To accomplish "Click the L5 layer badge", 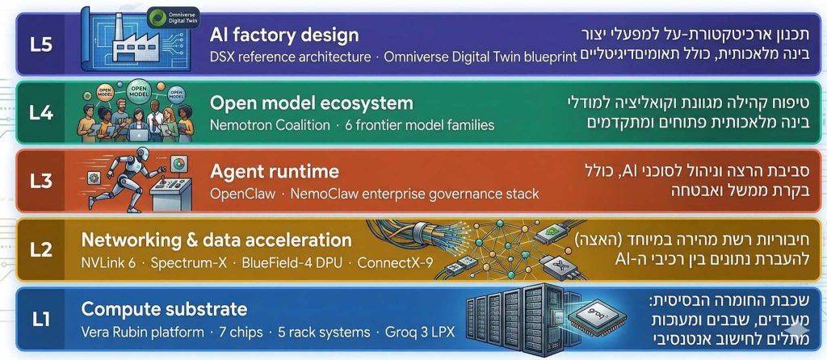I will (x=41, y=43).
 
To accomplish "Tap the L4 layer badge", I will (x=41, y=112).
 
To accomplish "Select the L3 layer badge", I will (x=41, y=181).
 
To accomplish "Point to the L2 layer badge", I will (x=41, y=249).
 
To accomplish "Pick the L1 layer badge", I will (x=41, y=319).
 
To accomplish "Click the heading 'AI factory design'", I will (x=283, y=35).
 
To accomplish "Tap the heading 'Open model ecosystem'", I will (x=311, y=103).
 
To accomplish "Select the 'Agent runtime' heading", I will (x=274, y=172).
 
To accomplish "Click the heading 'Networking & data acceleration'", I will (x=216, y=241).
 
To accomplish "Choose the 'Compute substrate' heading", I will (x=164, y=309).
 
